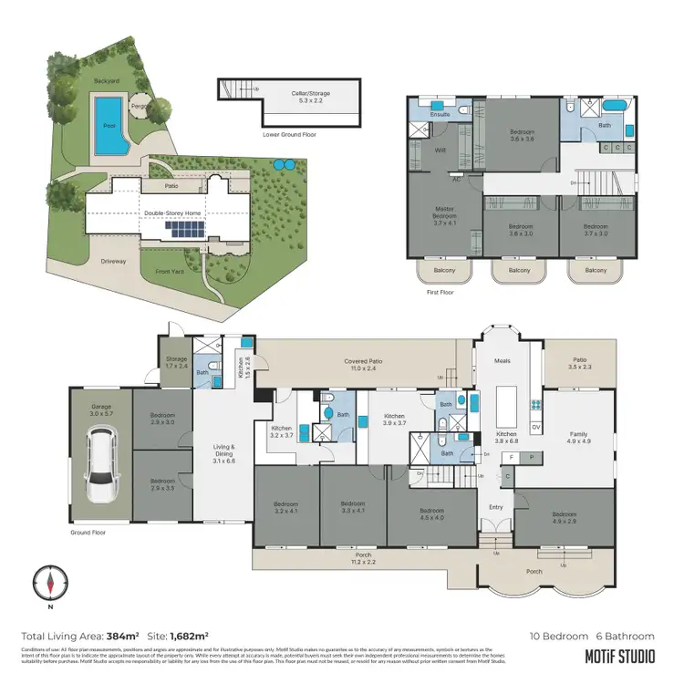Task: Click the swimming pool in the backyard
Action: coord(108,125)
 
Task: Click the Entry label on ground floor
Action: coord(495,507)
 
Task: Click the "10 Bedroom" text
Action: coord(557,636)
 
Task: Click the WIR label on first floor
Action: coord(440,150)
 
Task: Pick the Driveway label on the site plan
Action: coord(114,261)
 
